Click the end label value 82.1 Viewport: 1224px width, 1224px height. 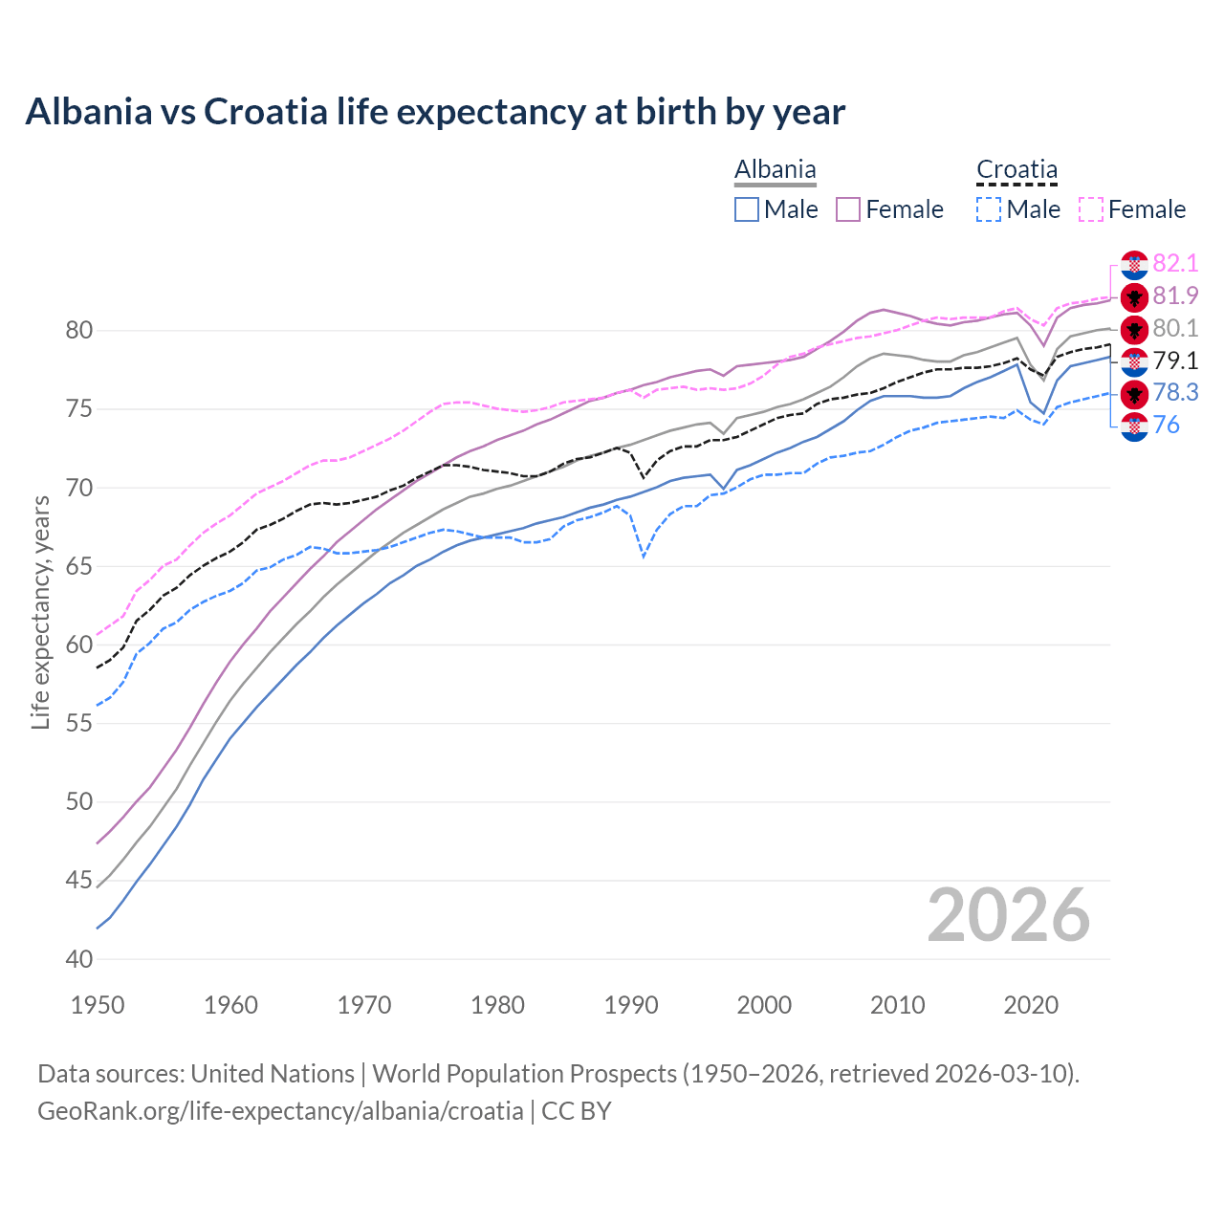[1175, 263]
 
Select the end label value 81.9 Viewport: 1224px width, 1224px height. [1175, 295]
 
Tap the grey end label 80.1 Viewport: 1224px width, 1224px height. [1175, 328]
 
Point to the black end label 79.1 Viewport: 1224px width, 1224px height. [1175, 361]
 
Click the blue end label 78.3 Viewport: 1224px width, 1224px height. [1175, 393]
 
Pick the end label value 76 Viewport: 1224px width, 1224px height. [1166, 426]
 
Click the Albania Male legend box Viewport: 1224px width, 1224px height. [747, 209]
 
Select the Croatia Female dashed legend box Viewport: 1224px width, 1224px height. [1091, 209]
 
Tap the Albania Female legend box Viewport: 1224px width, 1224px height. [848, 209]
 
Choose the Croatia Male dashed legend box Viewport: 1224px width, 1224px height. [990, 209]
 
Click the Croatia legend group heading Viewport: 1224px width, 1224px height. [1016, 170]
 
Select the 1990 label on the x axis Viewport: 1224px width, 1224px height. [631, 1005]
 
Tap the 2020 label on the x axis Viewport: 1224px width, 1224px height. [1031, 1005]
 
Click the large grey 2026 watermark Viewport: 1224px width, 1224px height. [1009, 915]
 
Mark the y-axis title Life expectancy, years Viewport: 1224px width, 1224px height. [40, 612]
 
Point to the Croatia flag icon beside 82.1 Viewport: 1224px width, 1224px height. [1134, 265]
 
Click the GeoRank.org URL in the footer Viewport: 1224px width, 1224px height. [280, 1111]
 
